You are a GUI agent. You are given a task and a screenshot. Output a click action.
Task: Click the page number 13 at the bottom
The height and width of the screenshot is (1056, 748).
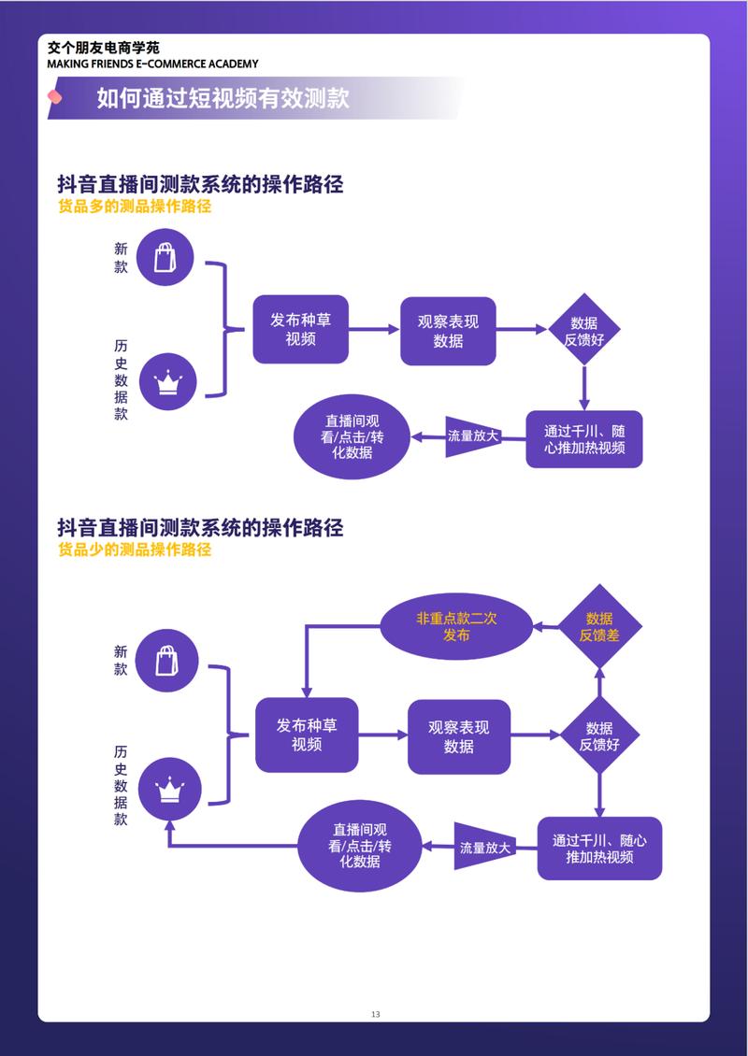[375, 1014]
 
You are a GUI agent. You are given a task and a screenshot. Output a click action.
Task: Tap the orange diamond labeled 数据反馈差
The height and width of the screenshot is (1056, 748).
[599, 626]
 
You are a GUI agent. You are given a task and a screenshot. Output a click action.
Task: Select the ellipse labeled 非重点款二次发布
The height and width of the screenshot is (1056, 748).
[456, 626]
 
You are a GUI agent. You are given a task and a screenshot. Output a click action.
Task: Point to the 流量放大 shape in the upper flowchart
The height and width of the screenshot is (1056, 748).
[473, 436]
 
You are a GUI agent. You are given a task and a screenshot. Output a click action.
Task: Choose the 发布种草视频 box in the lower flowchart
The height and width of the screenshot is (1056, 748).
[307, 735]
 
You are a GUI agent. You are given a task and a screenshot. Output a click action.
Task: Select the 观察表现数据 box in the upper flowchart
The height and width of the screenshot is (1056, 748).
[448, 331]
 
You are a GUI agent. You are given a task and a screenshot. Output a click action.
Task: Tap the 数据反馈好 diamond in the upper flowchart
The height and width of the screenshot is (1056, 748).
[584, 330]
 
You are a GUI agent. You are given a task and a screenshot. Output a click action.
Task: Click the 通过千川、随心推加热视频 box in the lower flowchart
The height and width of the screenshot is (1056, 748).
[599, 849]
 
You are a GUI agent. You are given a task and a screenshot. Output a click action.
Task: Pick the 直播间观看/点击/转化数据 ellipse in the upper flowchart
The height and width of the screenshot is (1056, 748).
[352, 436]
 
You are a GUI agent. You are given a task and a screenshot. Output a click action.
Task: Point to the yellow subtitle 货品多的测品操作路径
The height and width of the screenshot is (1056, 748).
[135, 207]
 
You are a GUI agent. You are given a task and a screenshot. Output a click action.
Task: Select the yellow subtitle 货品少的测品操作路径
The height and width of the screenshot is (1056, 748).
[135, 549]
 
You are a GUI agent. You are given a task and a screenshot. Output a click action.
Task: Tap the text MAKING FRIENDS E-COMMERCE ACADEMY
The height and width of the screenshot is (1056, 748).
[153, 64]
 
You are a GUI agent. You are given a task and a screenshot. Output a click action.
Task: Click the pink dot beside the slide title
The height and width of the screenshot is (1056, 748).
[55, 96]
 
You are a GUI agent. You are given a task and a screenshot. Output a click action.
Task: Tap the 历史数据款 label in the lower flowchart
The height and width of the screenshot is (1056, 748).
[121, 785]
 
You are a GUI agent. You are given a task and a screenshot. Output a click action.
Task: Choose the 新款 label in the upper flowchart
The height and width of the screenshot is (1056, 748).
[121, 258]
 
